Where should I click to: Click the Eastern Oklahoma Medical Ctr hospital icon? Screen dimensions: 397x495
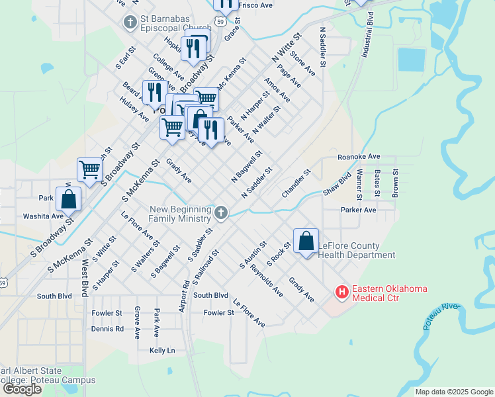click(x=342, y=291)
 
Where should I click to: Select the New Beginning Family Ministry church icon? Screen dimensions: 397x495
click(x=221, y=213)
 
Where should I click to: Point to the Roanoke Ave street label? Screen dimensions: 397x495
click(x=359, y=157)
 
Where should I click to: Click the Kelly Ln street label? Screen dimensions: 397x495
click(x=162, y=350)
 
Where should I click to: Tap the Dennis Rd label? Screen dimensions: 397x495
click(x=107, y=328)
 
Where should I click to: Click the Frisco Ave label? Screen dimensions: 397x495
click(x=255, y=5)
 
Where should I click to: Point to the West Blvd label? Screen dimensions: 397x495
click(x=85, y=278)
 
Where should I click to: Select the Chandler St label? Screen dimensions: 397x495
click(x=296, y=183)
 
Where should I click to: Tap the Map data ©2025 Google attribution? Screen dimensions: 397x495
click(x=454, y=392)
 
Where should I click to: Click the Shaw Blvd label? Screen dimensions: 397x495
click(x=336, y=185)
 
